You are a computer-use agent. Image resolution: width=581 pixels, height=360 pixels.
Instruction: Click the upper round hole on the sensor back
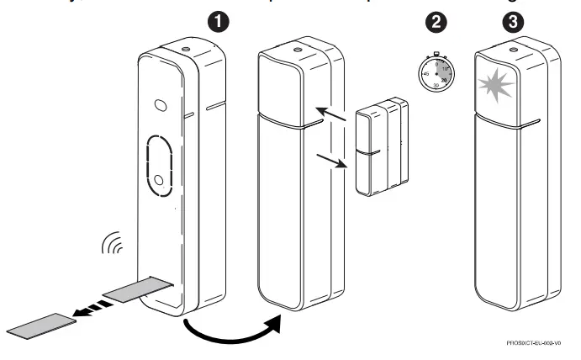[x=160, y=108]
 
